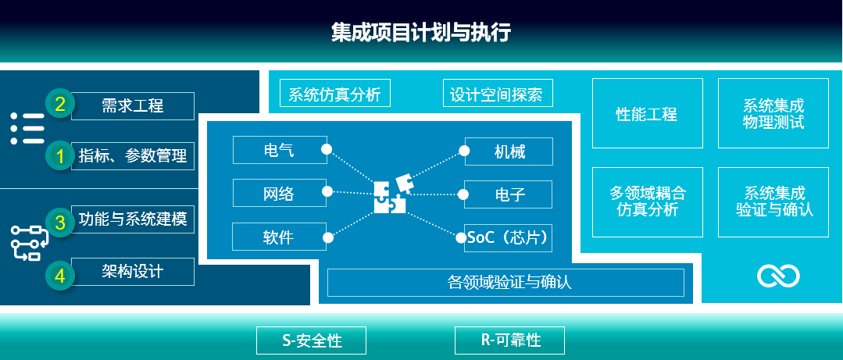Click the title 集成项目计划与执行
[420, 33]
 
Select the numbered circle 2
[59, 103]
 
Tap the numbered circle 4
[59, 275]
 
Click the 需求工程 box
[132, 106]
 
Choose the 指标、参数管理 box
[132, 156]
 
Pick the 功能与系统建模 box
[132, 219]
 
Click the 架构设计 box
[132, 271]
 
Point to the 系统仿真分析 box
[335, 93]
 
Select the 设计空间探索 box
[498, 93]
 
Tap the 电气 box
[280, 149]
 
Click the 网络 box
[280, 193]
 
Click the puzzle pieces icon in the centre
[392, 194]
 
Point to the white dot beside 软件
[327, 237]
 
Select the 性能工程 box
[648, 113]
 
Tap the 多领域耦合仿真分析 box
[648, 202]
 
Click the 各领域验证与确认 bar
[505, 282]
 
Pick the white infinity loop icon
[778, 276]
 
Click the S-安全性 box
[311, 340]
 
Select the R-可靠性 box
[509, 340]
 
